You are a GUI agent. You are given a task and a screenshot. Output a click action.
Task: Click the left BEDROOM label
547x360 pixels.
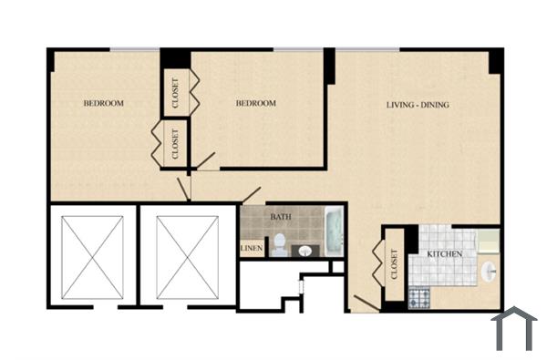pyautogui.click(x=103, y=103)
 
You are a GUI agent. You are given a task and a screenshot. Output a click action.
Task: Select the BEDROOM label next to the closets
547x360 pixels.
pyautogui.click(x=255, y=103)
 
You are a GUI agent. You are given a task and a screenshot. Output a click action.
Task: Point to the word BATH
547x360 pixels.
pyautogui.click(x=280, y=217)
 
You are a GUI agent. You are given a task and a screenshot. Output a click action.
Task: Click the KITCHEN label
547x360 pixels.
pyautogui.click(x=441, y=253)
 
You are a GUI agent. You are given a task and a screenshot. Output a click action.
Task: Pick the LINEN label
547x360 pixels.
pyautogui.click(x=253, y=248)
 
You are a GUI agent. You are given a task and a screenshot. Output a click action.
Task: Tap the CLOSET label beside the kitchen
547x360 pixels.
pyautogui.click(x=395, y=264)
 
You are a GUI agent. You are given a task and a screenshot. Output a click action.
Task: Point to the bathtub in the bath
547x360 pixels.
pyautogui.click(x=332, y=232)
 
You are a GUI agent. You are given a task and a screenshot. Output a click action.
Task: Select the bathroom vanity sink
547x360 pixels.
pyautogui.click(x=305, y=250)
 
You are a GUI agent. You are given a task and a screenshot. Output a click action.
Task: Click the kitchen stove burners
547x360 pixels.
pyautogui.click(x=420, y=297)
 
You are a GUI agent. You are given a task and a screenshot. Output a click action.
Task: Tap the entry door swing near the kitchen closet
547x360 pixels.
pyautogui.click(x=365, y=303)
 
